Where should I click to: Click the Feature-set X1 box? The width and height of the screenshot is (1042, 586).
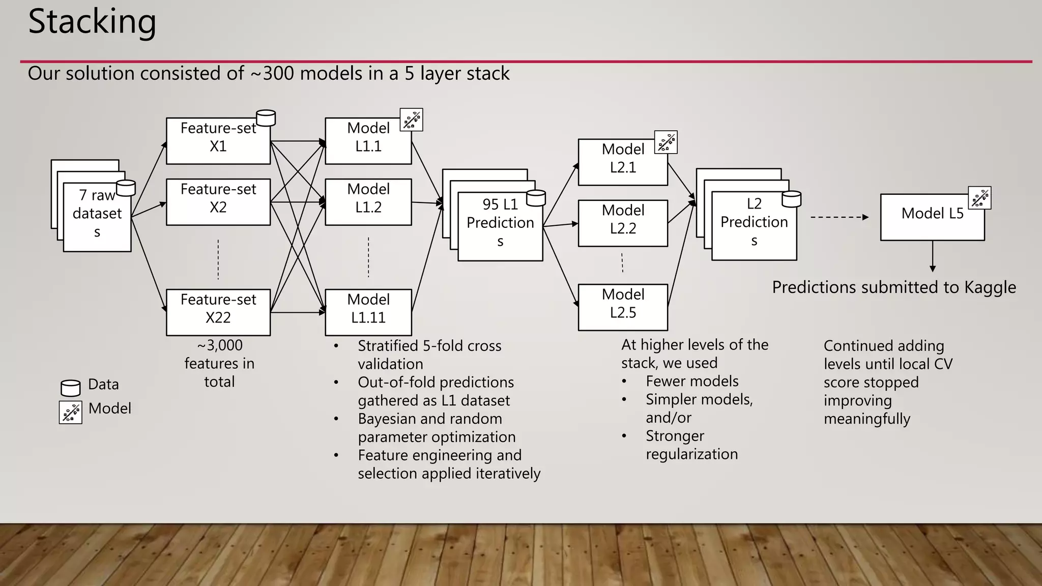[218, 141]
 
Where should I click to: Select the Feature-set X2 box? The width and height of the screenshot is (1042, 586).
[218, 202]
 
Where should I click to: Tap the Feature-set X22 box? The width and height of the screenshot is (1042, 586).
[218, 312]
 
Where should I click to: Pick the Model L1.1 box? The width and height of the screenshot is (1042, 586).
[368, 141]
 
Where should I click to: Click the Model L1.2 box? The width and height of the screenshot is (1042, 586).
[368, 202]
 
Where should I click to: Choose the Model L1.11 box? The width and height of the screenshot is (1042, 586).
[368, 312]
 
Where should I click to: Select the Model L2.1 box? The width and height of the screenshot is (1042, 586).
[623, 162]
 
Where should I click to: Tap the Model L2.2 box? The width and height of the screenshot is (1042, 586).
[623, 223]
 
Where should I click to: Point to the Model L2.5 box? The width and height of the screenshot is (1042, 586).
[623, 307]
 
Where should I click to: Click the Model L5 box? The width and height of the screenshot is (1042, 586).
[932, 217]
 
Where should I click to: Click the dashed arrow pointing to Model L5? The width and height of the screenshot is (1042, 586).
[839, 217]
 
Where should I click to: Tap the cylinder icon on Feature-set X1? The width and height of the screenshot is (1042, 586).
[266, 118]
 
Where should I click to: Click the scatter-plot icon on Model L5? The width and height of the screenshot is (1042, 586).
[979, 198]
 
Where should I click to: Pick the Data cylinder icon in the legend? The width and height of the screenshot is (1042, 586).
[71, 388]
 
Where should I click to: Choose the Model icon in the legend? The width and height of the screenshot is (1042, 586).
[70, 412]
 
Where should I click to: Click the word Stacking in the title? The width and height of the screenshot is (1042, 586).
[92, 22]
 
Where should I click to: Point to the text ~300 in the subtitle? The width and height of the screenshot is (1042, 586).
[272, 74]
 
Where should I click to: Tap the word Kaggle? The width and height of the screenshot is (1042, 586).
[990, 287]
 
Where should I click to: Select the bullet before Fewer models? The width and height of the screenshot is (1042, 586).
[624, 382]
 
